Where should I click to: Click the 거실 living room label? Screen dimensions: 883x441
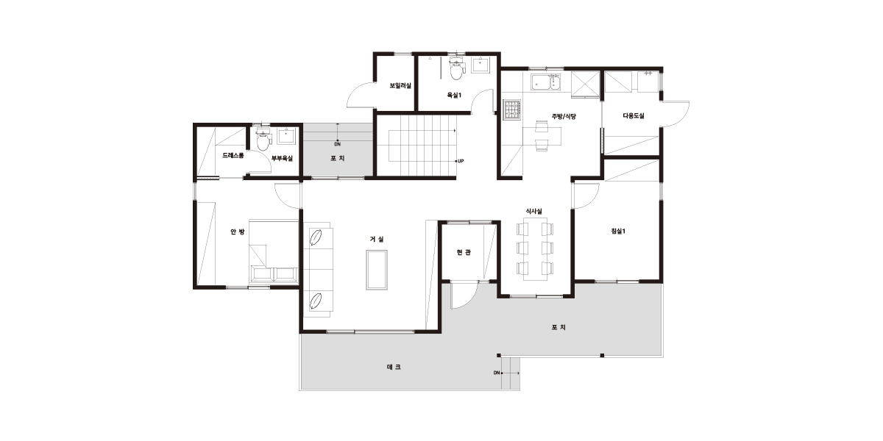[x=377, y=239]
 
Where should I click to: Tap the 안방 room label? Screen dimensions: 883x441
[x=237, y=232]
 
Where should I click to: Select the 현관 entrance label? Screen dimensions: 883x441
[x=464, y=252]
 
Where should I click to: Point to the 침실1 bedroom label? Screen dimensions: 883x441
[x=618, y=231]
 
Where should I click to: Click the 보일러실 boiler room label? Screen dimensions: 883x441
[x=400, y=85]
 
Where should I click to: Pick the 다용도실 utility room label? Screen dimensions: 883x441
[x=634, y=116]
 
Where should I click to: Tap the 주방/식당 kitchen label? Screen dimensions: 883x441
[x=564, y=117]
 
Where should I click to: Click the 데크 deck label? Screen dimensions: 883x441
[x=394, y=367]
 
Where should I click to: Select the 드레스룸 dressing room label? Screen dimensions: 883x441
[x=233, y=156]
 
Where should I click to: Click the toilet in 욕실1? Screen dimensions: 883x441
[x=456, y=69]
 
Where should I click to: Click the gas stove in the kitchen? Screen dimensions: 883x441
[x=512, y=109]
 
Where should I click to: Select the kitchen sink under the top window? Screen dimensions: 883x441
[x=545, y=82]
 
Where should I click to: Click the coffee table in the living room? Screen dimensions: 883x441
[x=377, y=270]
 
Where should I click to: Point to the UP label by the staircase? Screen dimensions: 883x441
[x=461, y=161]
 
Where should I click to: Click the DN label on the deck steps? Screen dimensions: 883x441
[x=497, y=373]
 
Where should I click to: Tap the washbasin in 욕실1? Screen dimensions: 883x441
[x=480, y=65]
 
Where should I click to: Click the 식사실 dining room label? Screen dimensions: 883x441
[x=533, y=212]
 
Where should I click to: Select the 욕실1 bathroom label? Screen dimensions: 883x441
[x=454, y=96]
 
